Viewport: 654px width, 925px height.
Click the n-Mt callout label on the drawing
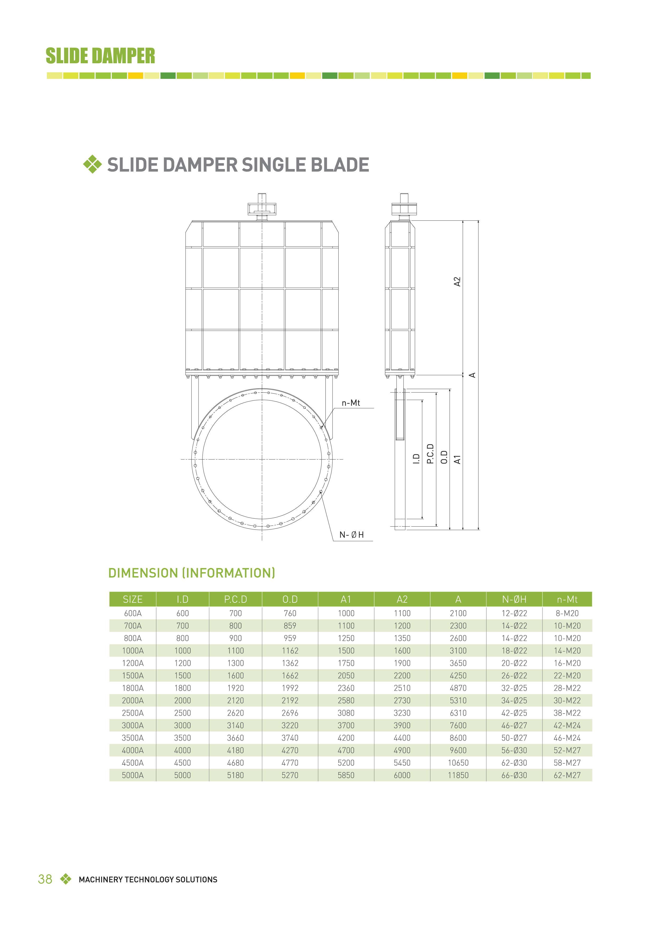tap(350, 403)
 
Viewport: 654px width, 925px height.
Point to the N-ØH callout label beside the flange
tap(351, 534)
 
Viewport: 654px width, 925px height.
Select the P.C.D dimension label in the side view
tap(430, 454)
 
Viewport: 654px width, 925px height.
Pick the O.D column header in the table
tap(290, 599)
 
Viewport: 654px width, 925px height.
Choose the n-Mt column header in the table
tap(567, 599)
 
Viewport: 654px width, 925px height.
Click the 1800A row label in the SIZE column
tap(133, 688)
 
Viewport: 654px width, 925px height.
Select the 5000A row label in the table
tap(133, 775)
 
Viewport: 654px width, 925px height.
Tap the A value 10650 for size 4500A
tap(458, 763)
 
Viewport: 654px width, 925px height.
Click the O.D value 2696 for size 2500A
tap(290, 713)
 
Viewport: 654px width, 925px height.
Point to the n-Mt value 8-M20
tap(567, 613)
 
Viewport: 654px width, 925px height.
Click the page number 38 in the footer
tap(45, 879)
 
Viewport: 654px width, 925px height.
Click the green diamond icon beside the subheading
tap(92, 164)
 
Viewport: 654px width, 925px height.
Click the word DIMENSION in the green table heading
tap(143, 573)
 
